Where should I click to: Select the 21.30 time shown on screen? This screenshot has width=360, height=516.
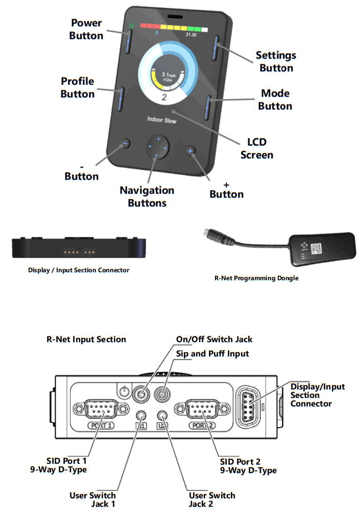click(191, 35)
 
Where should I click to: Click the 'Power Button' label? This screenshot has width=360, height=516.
click(86, 29)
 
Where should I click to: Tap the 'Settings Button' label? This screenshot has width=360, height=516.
click(276, 61)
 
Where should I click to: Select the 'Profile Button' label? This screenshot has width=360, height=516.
click(78, 87)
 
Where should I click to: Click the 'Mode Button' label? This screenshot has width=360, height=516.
click(275, 100)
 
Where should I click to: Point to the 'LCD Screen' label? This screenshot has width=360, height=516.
click(257, 148)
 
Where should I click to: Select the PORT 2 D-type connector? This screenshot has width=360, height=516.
click(203, 409)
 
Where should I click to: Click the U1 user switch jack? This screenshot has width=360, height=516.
click(140, 415)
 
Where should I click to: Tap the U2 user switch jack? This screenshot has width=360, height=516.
click(162, 415)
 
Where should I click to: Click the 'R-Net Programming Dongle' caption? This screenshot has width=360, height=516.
click(256, 278)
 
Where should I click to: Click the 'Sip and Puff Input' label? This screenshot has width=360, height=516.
click(212, 353)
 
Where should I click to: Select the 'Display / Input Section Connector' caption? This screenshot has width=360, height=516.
click(78, 270)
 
